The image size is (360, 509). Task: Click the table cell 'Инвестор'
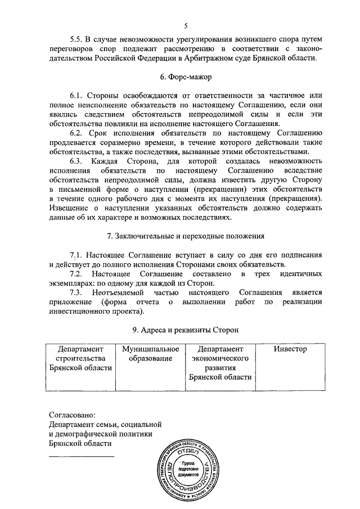coord(290,349)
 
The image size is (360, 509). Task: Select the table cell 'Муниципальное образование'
coord(150,354)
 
